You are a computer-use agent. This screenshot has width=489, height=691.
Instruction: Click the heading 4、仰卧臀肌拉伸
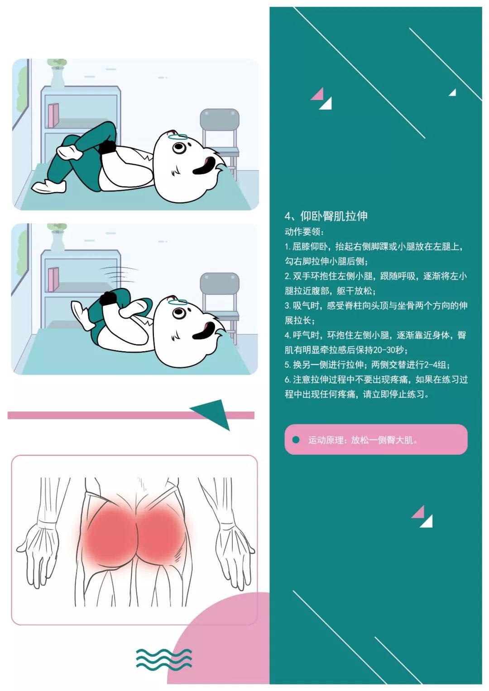click(326, 216)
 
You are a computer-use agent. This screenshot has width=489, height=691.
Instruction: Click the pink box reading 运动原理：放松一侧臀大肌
click(376, 439)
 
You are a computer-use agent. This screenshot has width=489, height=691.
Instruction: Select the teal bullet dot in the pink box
click(296, 439)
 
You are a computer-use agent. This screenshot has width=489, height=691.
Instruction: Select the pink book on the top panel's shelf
click(53, 115)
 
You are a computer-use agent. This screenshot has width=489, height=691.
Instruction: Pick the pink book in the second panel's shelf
click(53, 279)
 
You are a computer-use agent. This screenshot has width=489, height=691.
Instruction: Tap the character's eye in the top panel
click(178, 148)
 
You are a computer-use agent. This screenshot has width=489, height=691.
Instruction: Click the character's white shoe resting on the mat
click(49, 186)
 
